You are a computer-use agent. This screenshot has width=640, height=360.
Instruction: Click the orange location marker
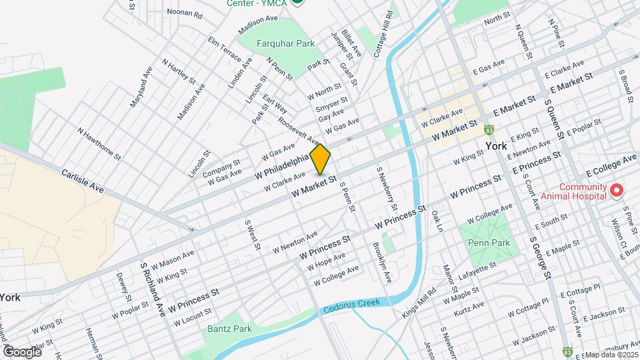click(x=321, y=159)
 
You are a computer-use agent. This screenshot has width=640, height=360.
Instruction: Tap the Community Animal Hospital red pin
click(x=617, y=191)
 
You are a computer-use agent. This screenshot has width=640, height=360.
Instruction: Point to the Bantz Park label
click(x=229, y=329)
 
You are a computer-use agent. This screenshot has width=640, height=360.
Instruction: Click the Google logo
click(x=22, y=351)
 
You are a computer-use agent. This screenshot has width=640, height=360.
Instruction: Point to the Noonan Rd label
click(x=184, y=13)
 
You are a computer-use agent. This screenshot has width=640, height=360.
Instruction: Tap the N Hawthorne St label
click(x=99, y=145)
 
